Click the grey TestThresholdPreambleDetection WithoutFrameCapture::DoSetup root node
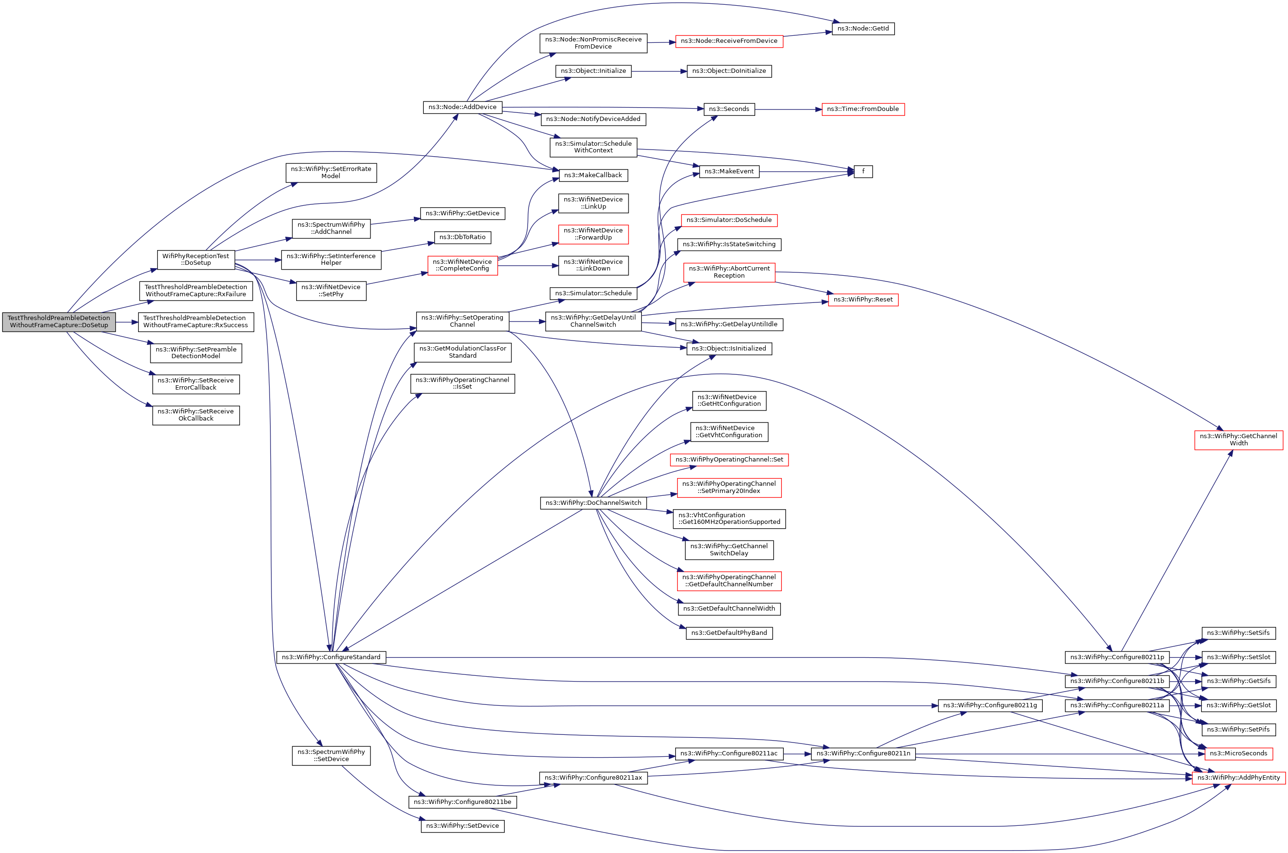click(x=59, y=321)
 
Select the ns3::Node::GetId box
click(x=863, y=28)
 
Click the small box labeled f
click(x=863, y=171)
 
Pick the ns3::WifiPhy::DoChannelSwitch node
click(x=593, y=502)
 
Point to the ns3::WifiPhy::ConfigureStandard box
click(x=331, y=657)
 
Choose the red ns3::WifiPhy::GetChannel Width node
click(x=1238, y=440)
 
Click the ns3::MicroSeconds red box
click(x=1238, y=753)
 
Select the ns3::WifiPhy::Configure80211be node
click(x=462, y=802)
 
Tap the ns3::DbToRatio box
click(x=462, y=237)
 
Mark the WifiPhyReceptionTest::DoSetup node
click(x=195, y=260)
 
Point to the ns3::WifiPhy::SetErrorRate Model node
click(x=331, y=172)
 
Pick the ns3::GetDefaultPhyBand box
click(x=729, y=632)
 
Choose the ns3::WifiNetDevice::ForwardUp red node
click(x=593, y=234)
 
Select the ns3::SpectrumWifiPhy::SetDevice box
click(x=331, y=756)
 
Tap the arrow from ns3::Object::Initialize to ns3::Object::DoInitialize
click(x=659, y=71)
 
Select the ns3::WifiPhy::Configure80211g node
click(x=989, y=705)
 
